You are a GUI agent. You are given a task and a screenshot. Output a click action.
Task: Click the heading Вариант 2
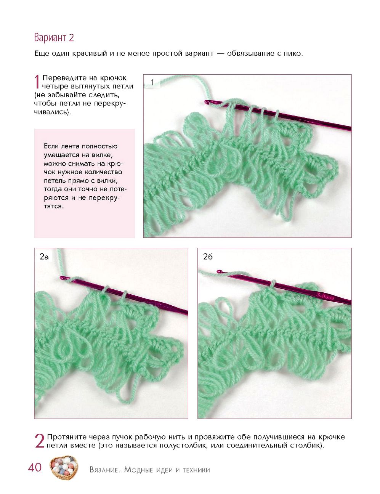(54, 37)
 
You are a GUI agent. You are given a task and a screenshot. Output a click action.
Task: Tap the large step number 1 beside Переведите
(37, 82)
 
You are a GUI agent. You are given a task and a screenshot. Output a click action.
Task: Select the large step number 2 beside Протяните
(40, 441)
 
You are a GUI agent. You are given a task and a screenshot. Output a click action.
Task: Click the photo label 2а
(44, 257)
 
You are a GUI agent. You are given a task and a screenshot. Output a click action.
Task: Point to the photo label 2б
(207, 257)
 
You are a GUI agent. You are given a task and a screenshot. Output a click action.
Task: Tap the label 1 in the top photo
(152, 82)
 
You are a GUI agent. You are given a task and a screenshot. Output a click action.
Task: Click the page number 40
(35, 467)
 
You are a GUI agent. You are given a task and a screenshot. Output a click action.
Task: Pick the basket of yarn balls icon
(64, 468)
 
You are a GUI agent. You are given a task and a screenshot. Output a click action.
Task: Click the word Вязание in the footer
(104, 470)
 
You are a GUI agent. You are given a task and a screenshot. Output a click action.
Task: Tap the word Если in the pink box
(51, 146)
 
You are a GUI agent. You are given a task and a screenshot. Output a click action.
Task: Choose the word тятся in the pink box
(54, 206)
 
